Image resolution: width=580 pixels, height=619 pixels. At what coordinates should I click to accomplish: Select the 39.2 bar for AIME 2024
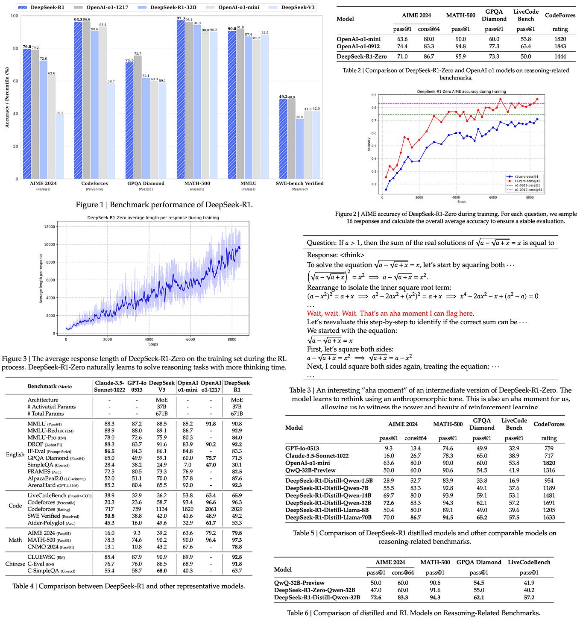(x=59, y=147)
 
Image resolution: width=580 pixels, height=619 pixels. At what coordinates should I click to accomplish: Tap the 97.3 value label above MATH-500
(x=181, y=18)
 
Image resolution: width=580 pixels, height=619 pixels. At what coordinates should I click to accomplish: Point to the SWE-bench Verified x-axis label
(x=299, y=183)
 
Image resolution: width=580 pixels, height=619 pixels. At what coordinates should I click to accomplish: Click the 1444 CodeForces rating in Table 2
(x=560, y=56)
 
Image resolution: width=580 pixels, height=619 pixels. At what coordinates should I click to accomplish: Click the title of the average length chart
(x=153, y=217)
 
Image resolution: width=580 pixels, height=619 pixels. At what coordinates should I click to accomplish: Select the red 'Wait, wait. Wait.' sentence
(x=390, y=313)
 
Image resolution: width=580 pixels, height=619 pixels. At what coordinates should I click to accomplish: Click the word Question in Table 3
(x=321, y=243)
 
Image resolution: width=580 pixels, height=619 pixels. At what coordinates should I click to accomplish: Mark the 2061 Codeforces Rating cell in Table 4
(x=211, y=509)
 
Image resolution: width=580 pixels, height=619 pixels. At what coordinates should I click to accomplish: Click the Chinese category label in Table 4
(x=15, y=564)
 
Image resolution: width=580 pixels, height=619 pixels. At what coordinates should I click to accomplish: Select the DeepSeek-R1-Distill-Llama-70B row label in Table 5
(x=328, y=517)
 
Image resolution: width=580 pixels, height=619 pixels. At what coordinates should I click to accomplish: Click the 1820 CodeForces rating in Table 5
(x=549, y=463)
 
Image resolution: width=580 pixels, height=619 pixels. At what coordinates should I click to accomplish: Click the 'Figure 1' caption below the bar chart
(x=164, y=205)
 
